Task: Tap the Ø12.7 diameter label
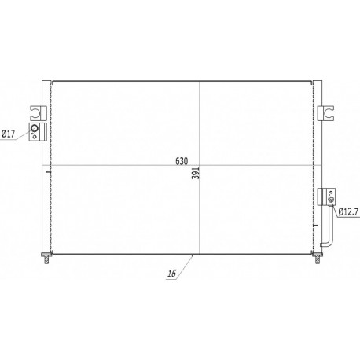point(349,211)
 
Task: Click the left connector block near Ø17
point(37,131)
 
